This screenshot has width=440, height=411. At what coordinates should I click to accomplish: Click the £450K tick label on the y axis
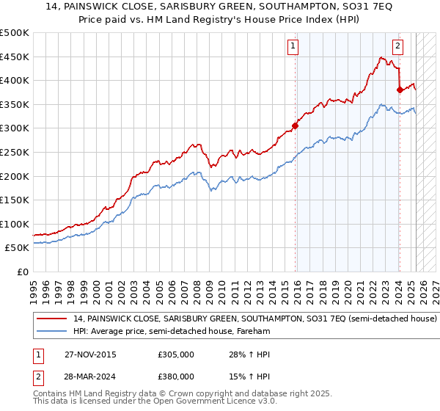click(x=15, y=57)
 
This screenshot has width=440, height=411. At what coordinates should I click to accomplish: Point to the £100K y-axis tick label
click(x=15, y=224)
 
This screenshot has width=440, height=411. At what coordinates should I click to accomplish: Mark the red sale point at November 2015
click(x=296, y=126)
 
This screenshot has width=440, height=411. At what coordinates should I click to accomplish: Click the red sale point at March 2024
click(x=400, y=90)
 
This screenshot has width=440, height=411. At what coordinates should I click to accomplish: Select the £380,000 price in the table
click(x=175, y=376)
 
